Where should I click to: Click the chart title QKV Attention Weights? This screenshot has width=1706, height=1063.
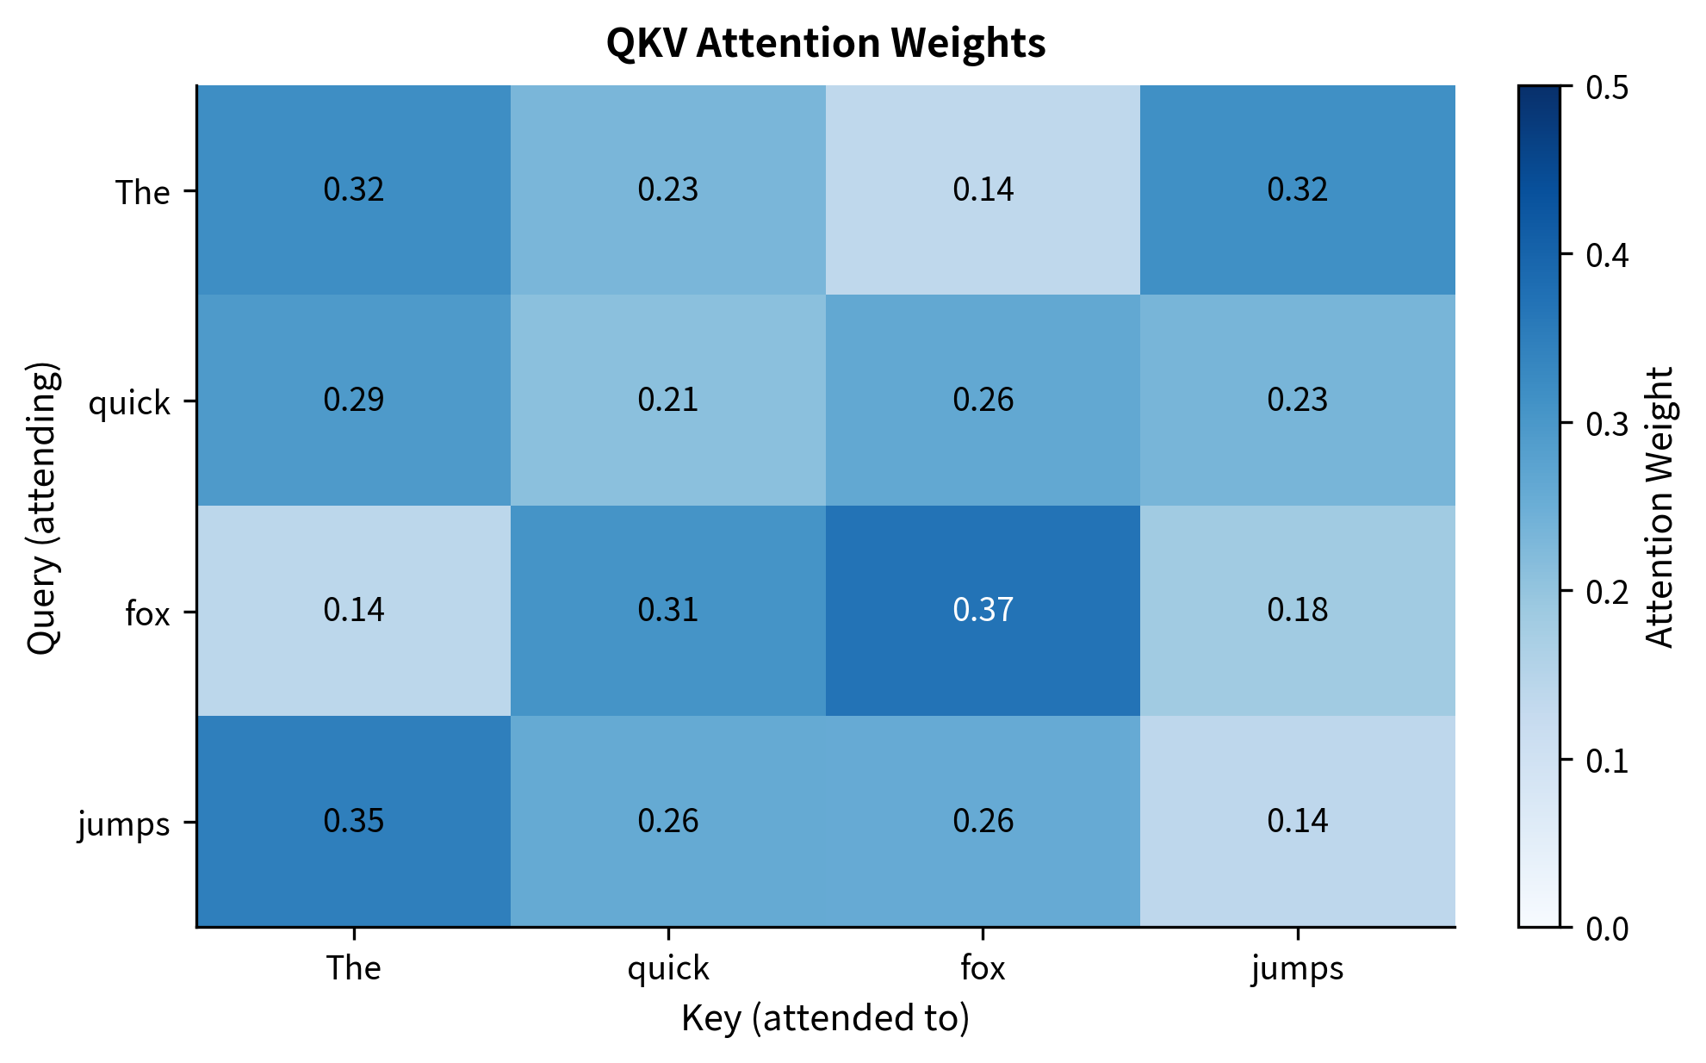(825, 43)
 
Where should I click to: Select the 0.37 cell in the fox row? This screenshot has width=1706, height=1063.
(983, 610)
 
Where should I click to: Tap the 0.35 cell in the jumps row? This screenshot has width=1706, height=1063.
(353, 820)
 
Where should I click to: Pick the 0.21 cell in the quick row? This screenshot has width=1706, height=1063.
(667, 400)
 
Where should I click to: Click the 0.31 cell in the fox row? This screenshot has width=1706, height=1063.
(667, 610)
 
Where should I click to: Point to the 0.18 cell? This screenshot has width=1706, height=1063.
(1297, 610)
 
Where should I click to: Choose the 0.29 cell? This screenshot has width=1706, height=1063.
(353, 400)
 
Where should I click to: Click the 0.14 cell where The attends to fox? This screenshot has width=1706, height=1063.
(983, 190)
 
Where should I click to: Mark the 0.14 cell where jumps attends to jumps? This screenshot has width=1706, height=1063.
(1297, 820)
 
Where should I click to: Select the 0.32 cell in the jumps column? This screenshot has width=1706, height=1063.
(1297, 190)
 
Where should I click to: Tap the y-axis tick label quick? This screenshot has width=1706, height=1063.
(129, 403)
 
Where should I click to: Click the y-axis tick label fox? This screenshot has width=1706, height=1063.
(147, 614)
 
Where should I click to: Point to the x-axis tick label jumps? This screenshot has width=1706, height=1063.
(1297, 968)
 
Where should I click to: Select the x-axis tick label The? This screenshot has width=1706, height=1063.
(353, 968)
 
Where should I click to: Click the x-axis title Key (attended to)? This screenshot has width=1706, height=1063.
(825, 1018)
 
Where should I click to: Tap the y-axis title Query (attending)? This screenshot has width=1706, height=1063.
(42, 508)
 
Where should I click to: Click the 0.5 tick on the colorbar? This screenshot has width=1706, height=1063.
(1607, 88)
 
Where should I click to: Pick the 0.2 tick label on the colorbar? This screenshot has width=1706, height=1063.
(1607, 593)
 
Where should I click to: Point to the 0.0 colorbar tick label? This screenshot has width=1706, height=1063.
(1607, 929)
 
